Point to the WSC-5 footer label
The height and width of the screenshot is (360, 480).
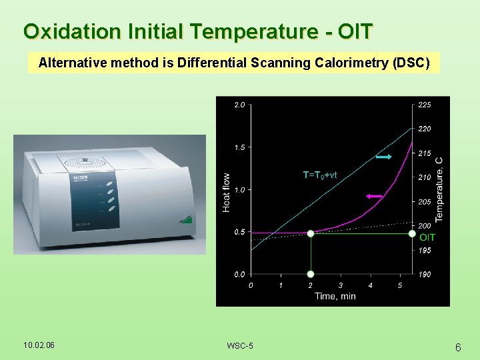pyautogui.click(x=239, y=345)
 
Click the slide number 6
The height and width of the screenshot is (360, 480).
pyautogui.click(x=458, y=347)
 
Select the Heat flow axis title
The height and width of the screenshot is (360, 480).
pyautogui.click(x=227, y=193)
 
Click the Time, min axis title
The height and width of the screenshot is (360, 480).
pyautogui.click(x=335, y=296)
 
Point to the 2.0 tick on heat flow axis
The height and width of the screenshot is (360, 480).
pyautogui.click(x=239, y=105)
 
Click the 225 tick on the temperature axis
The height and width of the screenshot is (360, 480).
pyautogui.click(x=424, y=105)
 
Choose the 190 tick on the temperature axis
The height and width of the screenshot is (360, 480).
pyautogui.click(x=424, y=274)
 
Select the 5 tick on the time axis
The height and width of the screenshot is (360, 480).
pyautogui.click(x=399, y=285)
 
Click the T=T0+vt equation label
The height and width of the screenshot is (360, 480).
pyautogui.click(x=320, y=175)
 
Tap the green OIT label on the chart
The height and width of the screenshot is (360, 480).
pyautogui.click(x=427, y=237)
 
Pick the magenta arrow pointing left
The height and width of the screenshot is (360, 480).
pyautogui.click(x=374, y=196)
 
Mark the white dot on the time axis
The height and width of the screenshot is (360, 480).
pyautogui.click(x=310, y=274)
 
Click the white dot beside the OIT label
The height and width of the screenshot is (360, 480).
pyautogui.click(x=412, y=233)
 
